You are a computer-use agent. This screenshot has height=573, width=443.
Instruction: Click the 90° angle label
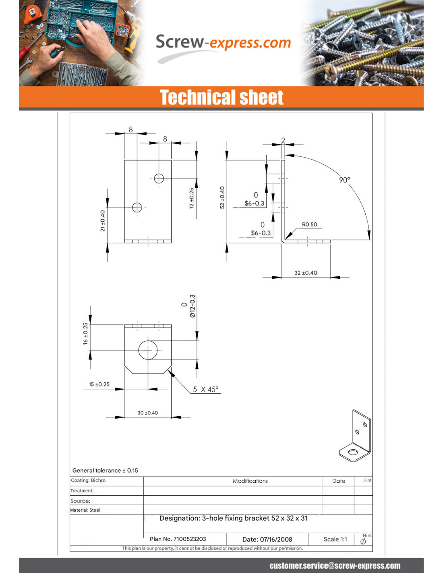point(344,180)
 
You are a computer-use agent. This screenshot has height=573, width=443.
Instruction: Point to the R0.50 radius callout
point(309,224)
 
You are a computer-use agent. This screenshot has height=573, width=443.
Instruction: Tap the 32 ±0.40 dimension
point(306,273)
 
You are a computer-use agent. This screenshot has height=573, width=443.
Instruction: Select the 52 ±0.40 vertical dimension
point(222,197)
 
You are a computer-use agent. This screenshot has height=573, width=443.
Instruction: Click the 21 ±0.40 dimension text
point(103,221)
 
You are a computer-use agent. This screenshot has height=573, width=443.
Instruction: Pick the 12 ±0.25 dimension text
point(192,198)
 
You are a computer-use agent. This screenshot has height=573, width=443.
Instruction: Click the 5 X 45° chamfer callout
point(206,390)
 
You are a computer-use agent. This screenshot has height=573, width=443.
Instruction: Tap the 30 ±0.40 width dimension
point(147,413)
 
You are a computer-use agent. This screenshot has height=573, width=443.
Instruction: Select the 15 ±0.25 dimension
point(99,384)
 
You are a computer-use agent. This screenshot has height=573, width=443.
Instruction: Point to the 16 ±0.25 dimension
point(85,334)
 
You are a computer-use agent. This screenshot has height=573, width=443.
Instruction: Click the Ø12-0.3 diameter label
point(189,306)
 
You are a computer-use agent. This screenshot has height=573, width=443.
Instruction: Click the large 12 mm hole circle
point(148,340)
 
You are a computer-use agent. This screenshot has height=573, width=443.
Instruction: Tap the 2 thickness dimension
point(283,140)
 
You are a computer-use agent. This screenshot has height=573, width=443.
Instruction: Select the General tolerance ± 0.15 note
point(105,470)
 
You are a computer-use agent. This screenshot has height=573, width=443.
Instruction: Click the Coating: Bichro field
point(88,480)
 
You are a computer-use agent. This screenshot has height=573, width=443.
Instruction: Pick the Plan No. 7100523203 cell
point(178,539)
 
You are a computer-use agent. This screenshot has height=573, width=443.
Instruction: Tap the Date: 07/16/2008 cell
point(267,539)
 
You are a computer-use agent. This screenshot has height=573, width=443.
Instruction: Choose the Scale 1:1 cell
point(335,539)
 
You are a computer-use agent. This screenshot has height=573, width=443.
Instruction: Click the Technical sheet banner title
point(221,97)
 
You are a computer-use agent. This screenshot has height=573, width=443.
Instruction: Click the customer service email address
point(335,565)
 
